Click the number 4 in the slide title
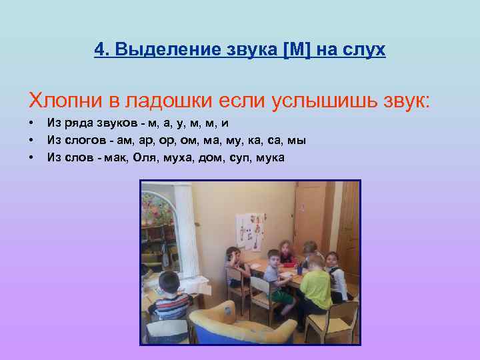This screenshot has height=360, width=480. (x=99, y=49)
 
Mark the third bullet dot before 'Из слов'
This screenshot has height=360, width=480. (x=31, y=158)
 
